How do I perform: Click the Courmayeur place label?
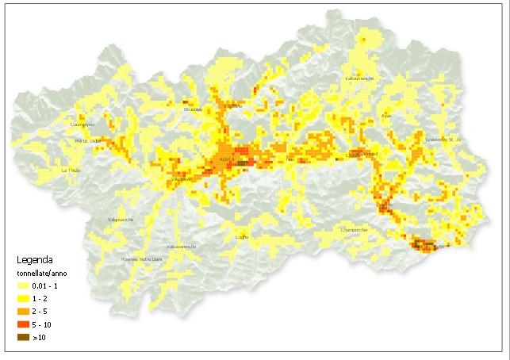(x=82, y=124)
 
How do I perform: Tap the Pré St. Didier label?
(x=87, y=141)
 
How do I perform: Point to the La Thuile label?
(x=71, y=170)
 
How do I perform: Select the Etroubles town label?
(x=193, y=109)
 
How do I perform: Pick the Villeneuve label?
(x=181, y=179)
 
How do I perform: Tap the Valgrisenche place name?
(x=121, y=220)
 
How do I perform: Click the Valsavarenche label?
(x=181, y=246)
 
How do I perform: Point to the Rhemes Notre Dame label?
(x=141, y=259)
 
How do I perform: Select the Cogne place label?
(x=243, y=236)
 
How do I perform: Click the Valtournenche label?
(x=359, y=79)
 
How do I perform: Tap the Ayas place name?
(x=387, y=116)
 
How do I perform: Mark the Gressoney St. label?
(x=443, y=140)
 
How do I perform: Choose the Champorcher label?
(x=354, y=230)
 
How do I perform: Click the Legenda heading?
(x=36, y=259)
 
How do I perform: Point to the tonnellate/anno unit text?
(x=45, y=273)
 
